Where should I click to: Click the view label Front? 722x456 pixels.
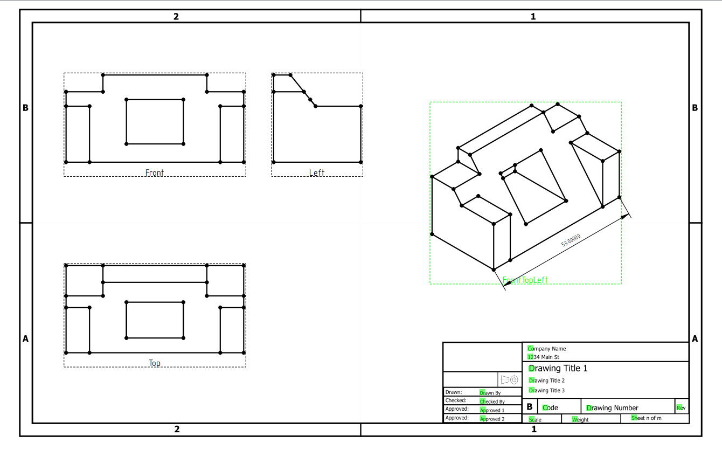click(155, 173)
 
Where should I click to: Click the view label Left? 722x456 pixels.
click(317, 173)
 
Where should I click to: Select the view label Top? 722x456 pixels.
click(155, 363)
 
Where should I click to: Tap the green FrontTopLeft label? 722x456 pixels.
click(525, 280)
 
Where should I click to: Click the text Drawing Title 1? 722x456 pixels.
click(558, 369)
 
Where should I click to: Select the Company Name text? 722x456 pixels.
click(547, 349)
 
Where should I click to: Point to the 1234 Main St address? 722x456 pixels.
click(544, 357)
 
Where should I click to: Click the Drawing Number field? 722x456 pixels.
click(612, 408)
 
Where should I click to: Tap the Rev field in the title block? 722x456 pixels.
click(681, 408)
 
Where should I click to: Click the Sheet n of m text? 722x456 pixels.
click(647, 418)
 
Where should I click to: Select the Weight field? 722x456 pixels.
click(580, 419)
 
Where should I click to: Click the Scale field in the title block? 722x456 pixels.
click(535, 419)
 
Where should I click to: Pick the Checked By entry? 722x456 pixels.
click(492, 402)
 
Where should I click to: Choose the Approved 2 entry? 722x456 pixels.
click(492, 419)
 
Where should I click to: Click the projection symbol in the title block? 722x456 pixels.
click(509, 379)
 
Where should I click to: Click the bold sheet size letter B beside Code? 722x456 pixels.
click(530, 407)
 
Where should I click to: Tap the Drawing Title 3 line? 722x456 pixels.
click(546, 390)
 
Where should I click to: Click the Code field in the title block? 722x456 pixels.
click(550, 408)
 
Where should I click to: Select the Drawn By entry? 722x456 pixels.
click(490, 393)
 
